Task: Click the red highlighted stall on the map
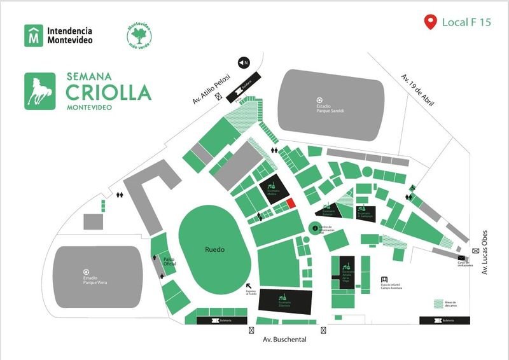point(289,203)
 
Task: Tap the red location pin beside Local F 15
point(431,23)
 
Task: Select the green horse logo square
point(42,92)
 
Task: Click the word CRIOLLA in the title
point(108,92)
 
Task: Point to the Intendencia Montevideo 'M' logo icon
point(33,36)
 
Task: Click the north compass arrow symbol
point(243,62)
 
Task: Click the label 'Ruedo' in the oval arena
point(214,250)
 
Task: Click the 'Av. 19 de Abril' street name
point(417,89)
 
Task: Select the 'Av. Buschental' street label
point(285,340)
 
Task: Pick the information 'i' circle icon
point(313,227)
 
